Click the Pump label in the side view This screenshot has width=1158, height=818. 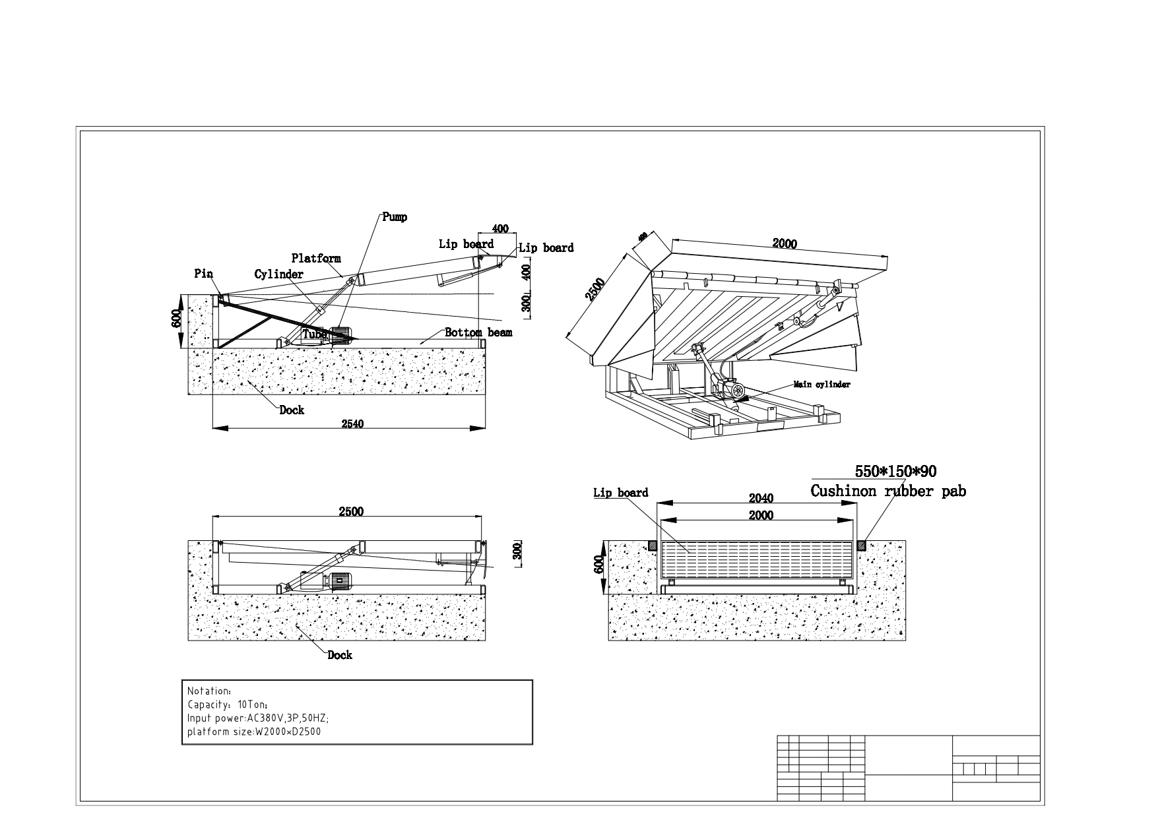point(395,217)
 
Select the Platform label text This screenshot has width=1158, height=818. point(316,258)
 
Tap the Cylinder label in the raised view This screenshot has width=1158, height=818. point(278,274)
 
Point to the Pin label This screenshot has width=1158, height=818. point(203,273)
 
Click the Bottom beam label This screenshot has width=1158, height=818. point(478,332)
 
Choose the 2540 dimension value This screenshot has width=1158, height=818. point(352,424)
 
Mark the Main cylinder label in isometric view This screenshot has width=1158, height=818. point(821,384)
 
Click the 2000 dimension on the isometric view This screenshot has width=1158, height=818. point(785,243)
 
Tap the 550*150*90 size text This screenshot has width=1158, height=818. point(895,472)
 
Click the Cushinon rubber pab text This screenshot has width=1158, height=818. point(887,491)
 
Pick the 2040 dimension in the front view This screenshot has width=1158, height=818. point(761,498)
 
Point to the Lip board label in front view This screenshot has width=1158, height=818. point(620,493)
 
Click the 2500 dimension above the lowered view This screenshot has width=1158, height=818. point(351,511)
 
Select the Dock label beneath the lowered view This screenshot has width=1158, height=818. point(340,654)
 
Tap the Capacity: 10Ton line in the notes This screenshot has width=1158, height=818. point(228,705)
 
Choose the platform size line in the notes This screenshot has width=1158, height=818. point(254,731)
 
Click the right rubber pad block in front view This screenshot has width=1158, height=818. point(862,546)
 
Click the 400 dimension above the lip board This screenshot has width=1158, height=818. point(500,229)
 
